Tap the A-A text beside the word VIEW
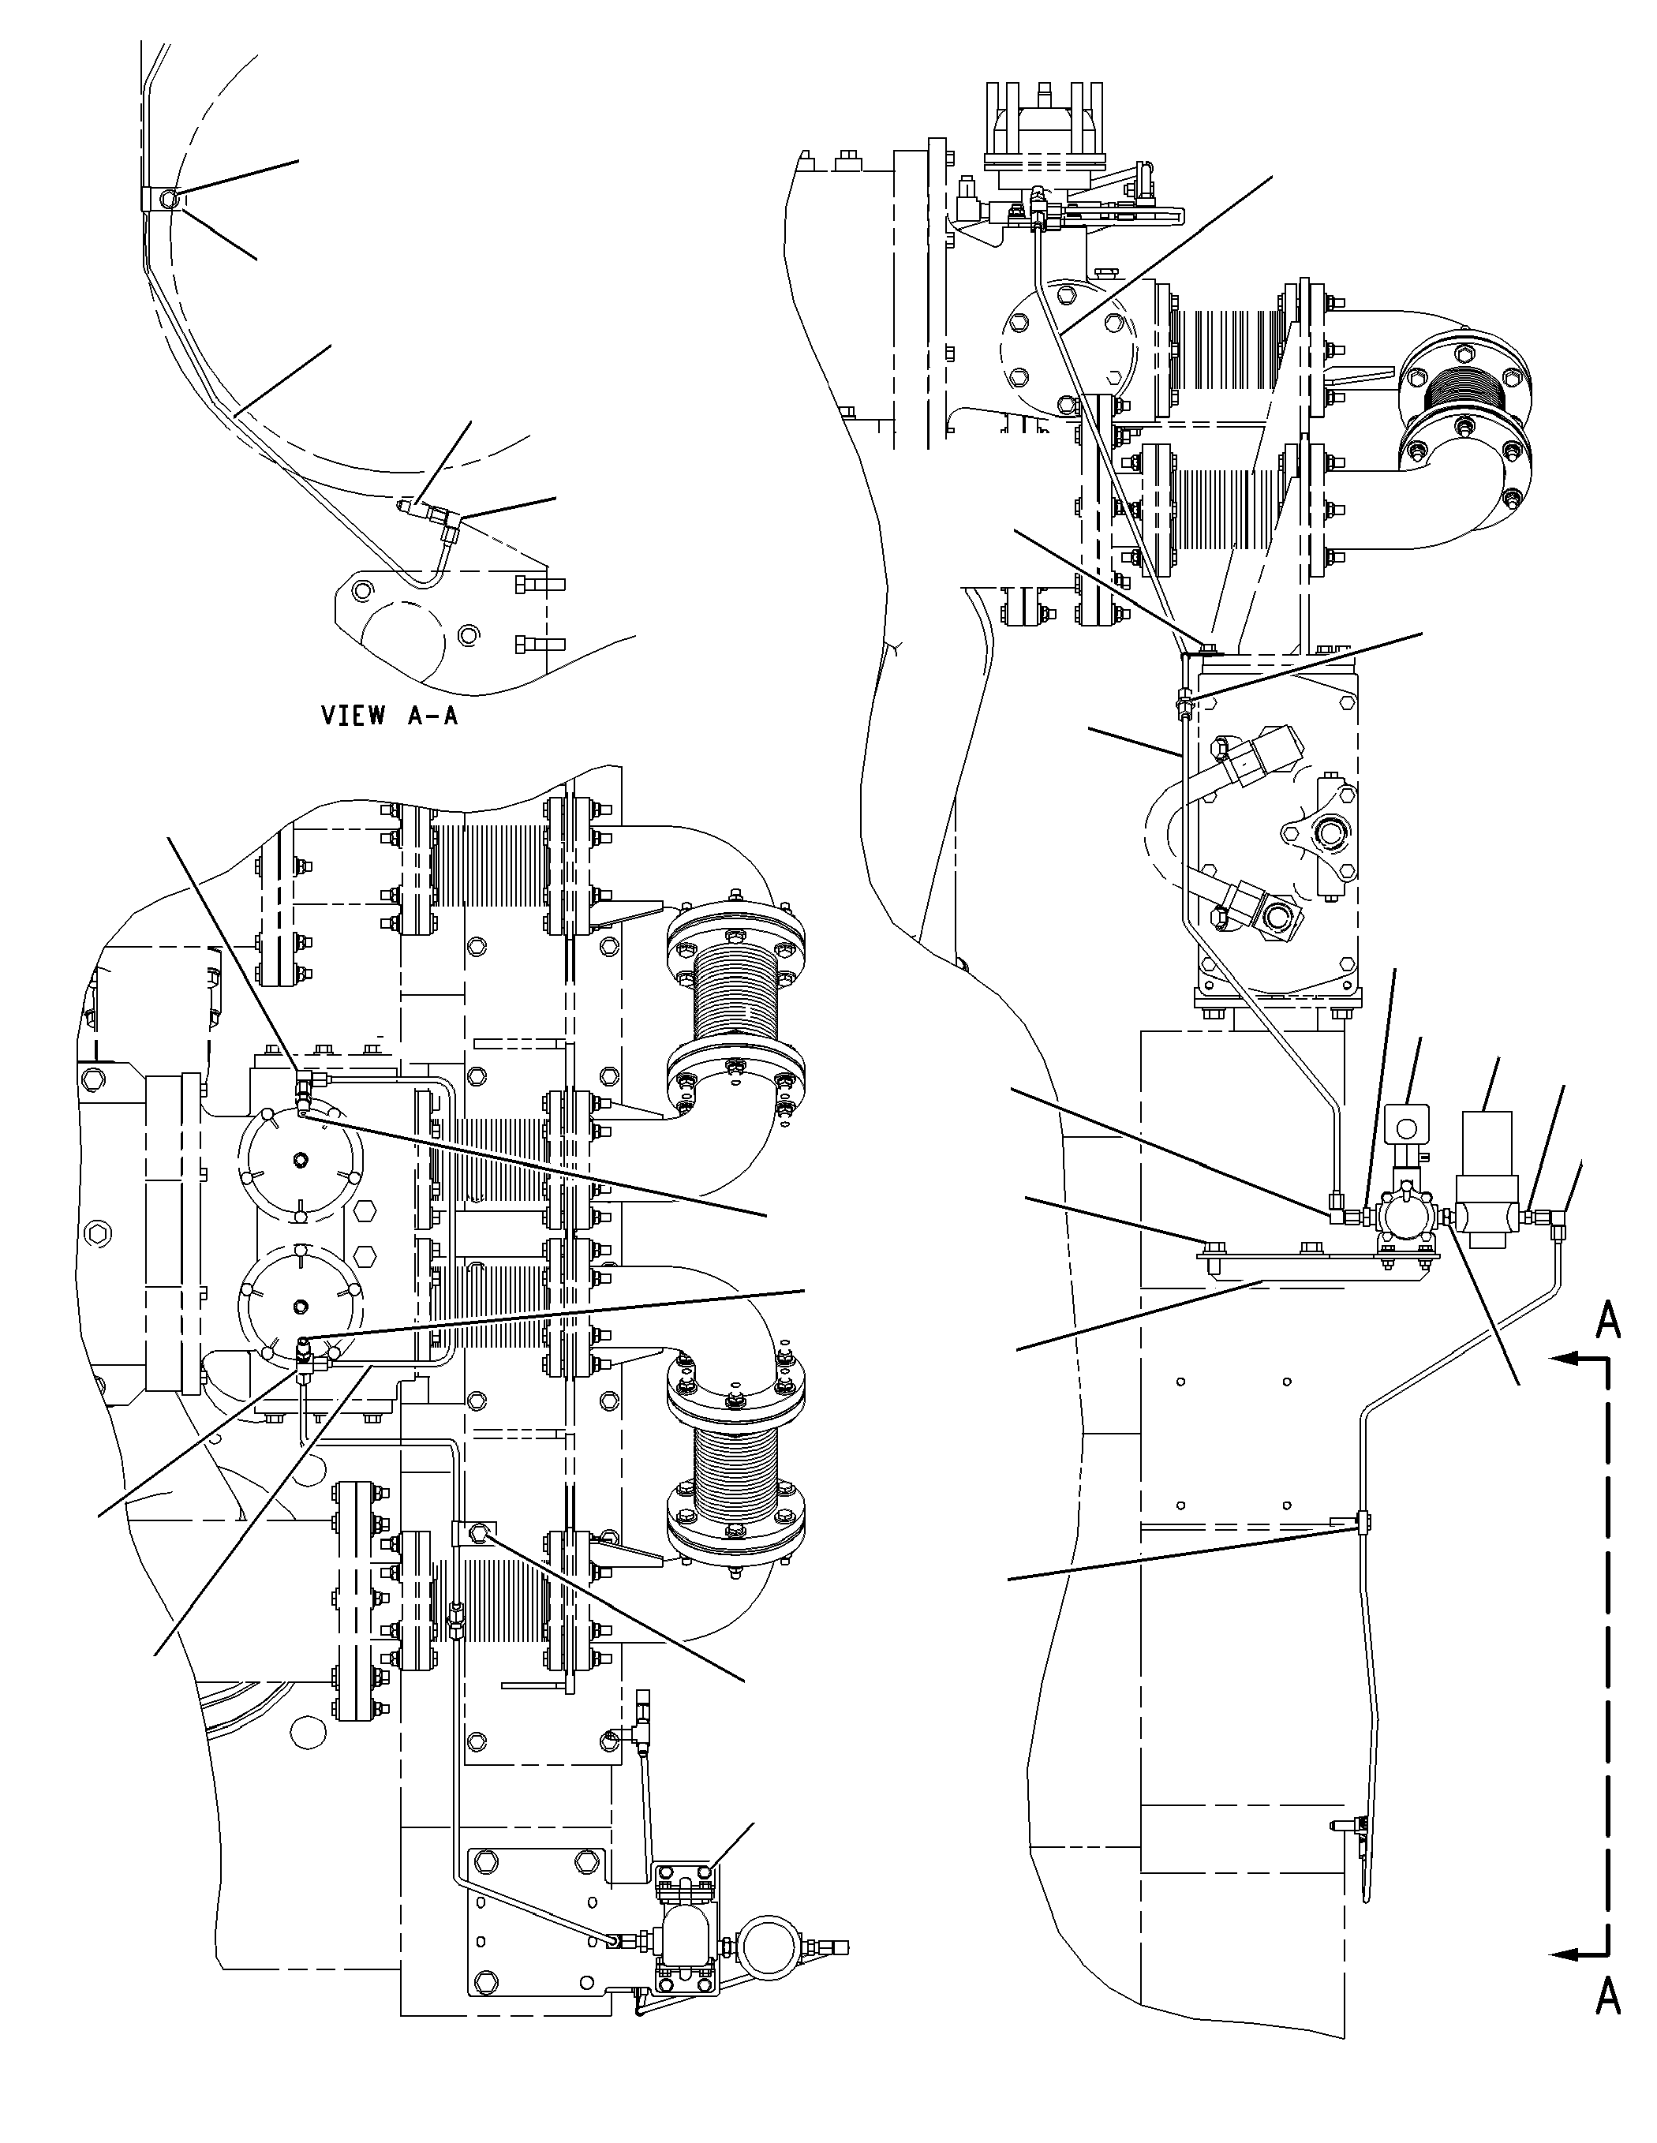(x=432, y=716)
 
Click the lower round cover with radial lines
(x=300, y=1303)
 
